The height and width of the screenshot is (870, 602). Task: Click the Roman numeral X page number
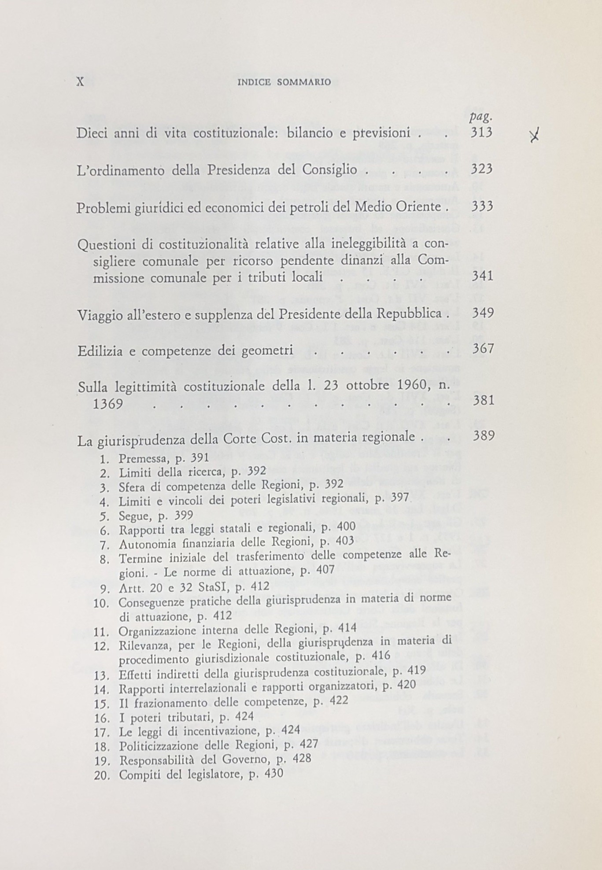(80, 82)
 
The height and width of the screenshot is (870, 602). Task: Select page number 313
(481, 133)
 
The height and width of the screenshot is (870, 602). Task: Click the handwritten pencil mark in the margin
(535, 138)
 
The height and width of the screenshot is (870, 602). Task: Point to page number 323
(481, 170)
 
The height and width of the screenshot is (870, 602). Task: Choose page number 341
(482, 277)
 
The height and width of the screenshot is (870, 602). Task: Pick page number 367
(482, 349)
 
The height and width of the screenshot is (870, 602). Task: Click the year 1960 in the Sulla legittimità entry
(403, 385)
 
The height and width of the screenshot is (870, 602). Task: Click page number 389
(483, 436)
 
